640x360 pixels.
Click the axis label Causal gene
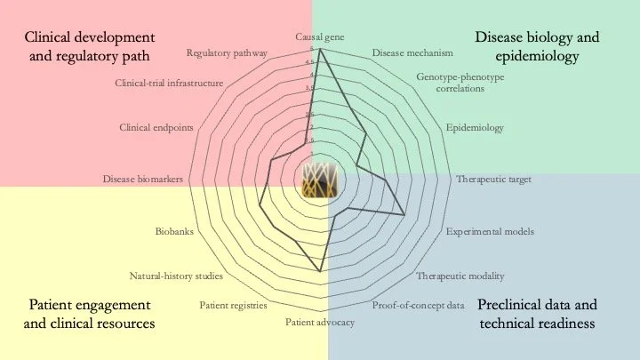tap(320, 37)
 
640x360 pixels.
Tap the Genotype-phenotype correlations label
tap(460, 83)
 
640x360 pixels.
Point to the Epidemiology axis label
tap(475, 128)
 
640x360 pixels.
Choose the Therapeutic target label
tap(493, 180)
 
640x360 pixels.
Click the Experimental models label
tap(490, 231)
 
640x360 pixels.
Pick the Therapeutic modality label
tap(460, 275)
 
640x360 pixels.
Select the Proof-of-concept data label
tap(419, 306)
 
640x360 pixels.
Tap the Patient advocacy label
tap(320, 322)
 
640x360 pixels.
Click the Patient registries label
tap(233, 306)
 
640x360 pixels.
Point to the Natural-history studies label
tap(176, 275)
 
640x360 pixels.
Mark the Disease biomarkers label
tap(143, 180)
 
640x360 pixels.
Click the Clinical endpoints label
tap(156, 128)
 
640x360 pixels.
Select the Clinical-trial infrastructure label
tap(169, 83)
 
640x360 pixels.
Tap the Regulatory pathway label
tap(227, 53)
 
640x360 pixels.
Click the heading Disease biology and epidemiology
tap(537, 47)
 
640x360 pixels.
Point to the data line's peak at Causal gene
tap(320, 50)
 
